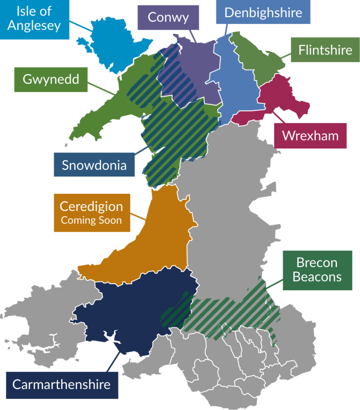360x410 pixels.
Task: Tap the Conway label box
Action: pyautogui.click(x=168, y=17)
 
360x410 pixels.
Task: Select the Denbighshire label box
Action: pyautogui.click(x=263, y=12)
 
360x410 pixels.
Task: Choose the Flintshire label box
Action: pyautogui.click(x=325, y=50)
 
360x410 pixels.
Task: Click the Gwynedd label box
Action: pyautogui.click(x=51, y=79)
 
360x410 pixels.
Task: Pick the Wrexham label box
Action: pyautogui.click(x=310, y=136)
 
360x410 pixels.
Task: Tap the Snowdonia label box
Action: pyautogui.click(x=94, y=165)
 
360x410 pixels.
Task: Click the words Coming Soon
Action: pyautogui.click(x=91, y=220)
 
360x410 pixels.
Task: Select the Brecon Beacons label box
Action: pyautogui.click(x=317, y=270)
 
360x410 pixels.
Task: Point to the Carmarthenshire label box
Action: pyautogui.click(x=62, y=385)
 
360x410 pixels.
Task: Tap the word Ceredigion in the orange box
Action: pyautogui.click(x=91, y=207)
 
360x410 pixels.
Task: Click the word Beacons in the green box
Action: pyautogui.click(x=317, y=277)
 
